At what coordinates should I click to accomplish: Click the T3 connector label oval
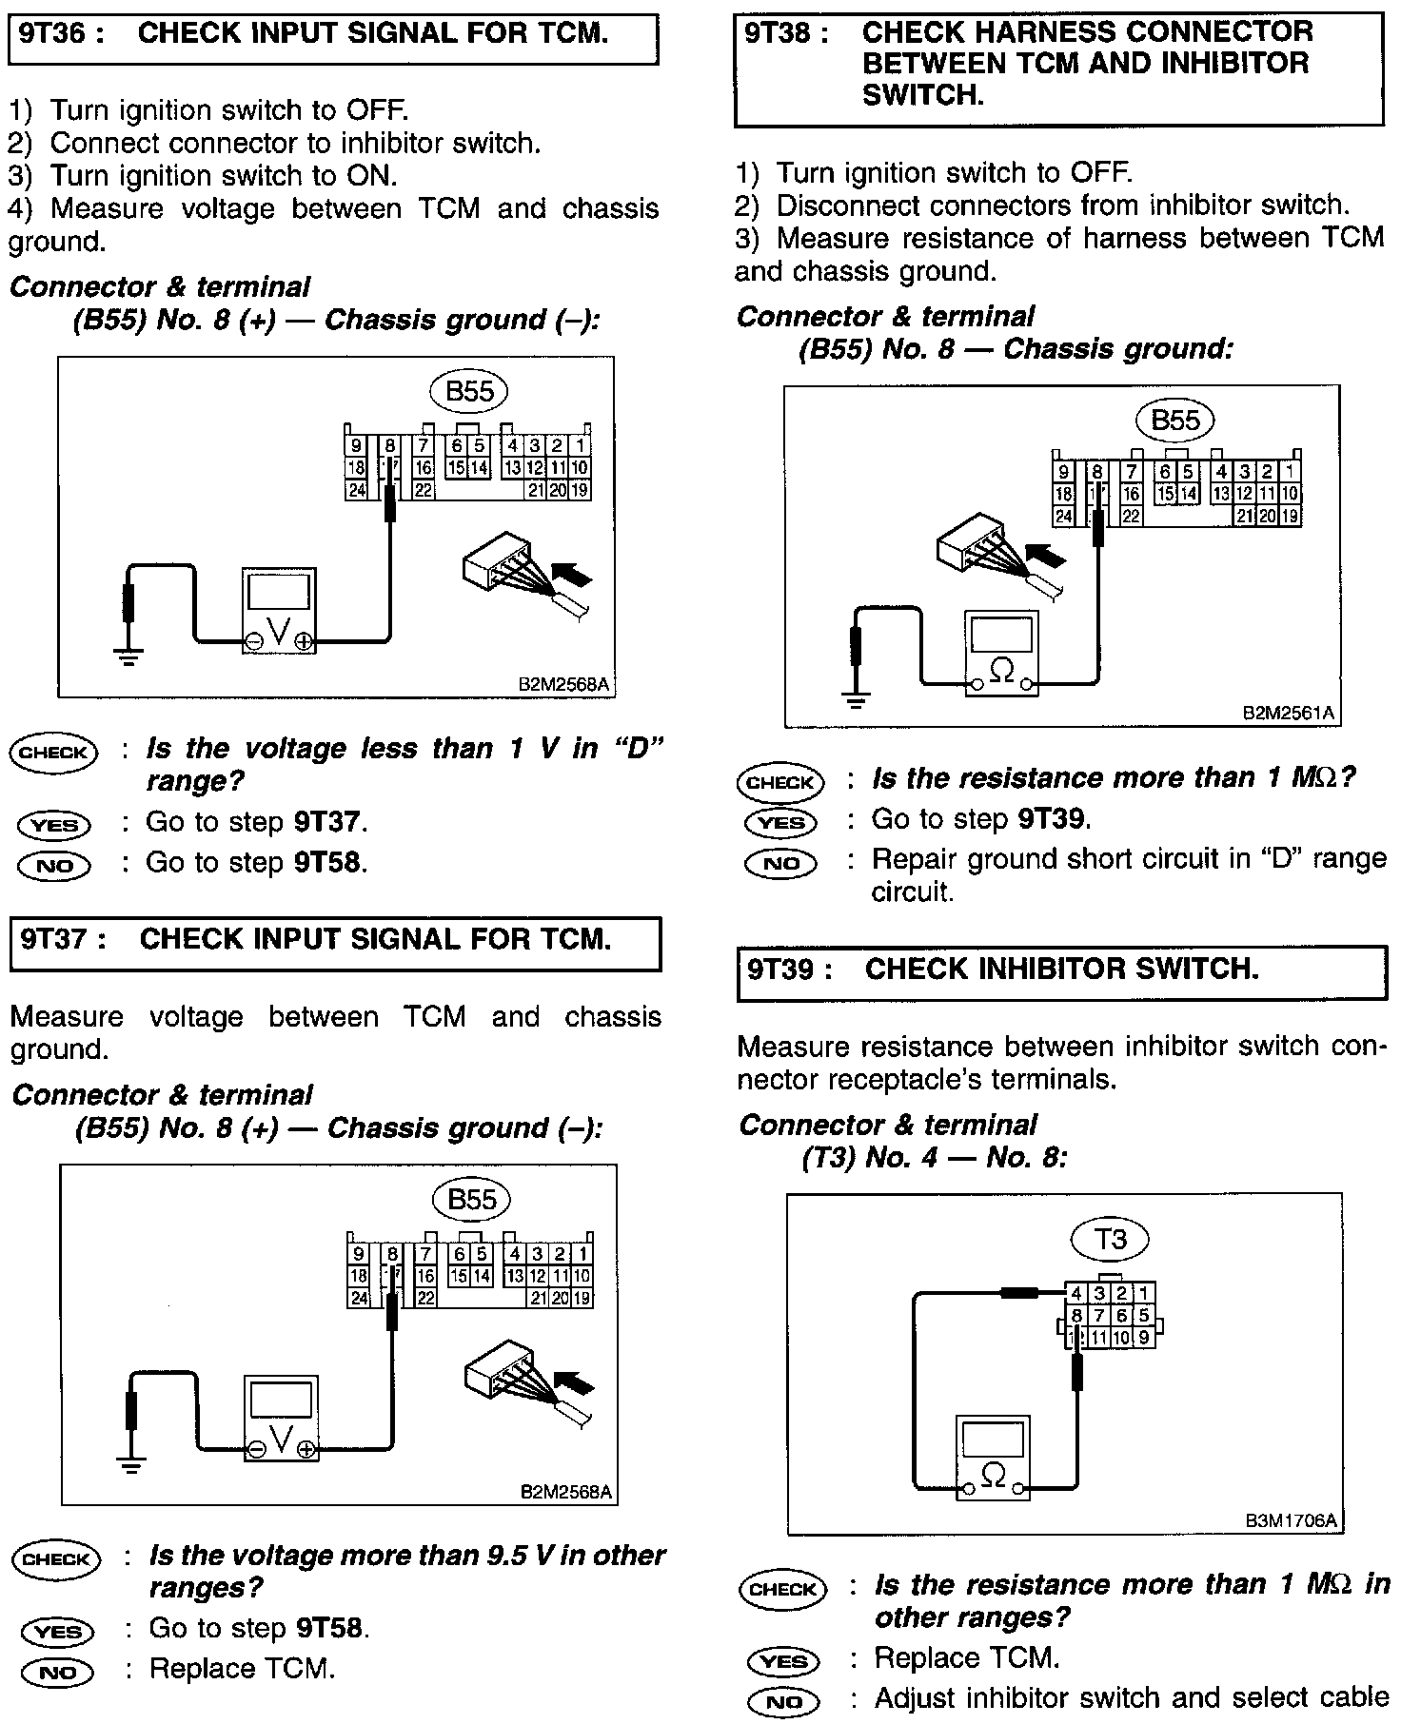[x=1111, y=1238]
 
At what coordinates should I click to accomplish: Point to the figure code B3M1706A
[x=1291, y=1521]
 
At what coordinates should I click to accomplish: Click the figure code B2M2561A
[x=1289, y=713]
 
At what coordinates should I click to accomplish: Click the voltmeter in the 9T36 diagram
[x=278, y=611]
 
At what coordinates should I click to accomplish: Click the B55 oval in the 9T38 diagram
[x=1175, y=421]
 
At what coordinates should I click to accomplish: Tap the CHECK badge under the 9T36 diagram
[x=53, y=752]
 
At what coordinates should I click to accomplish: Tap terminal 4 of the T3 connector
[x=1075, y=1293]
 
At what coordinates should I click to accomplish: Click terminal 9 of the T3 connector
[x=1144, y=1337]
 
